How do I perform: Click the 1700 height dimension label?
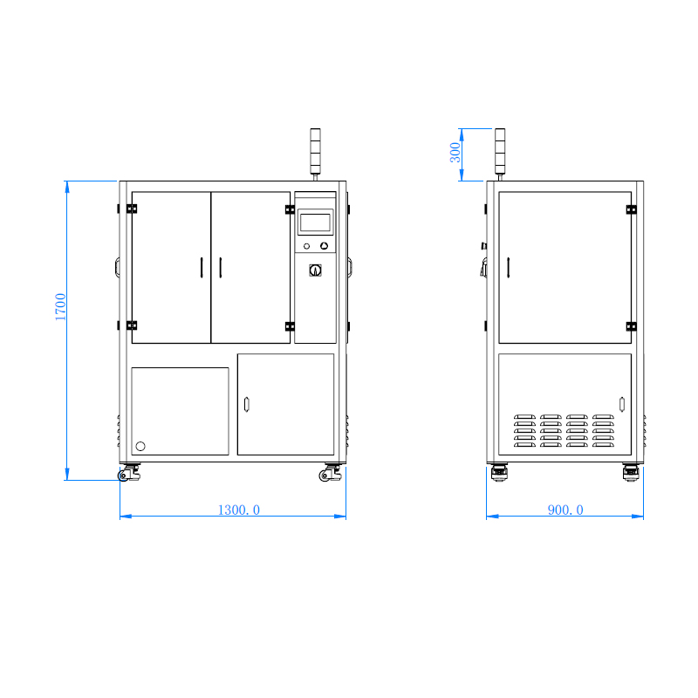click(x=60, y=307)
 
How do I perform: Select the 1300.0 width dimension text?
click(x=238, y=510)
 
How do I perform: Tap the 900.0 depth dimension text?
click(x=565, y=510)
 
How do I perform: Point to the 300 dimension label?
click(x=455, y=153)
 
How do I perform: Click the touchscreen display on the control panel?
click(x=315, y=222)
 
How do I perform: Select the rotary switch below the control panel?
click(x=315, y=270)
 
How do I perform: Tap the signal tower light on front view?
click(x=315, y=151)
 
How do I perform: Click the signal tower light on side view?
click(x=500, y=151)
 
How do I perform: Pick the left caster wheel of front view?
click(x=129, y=473)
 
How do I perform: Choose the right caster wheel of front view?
click(x=331, y=473)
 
